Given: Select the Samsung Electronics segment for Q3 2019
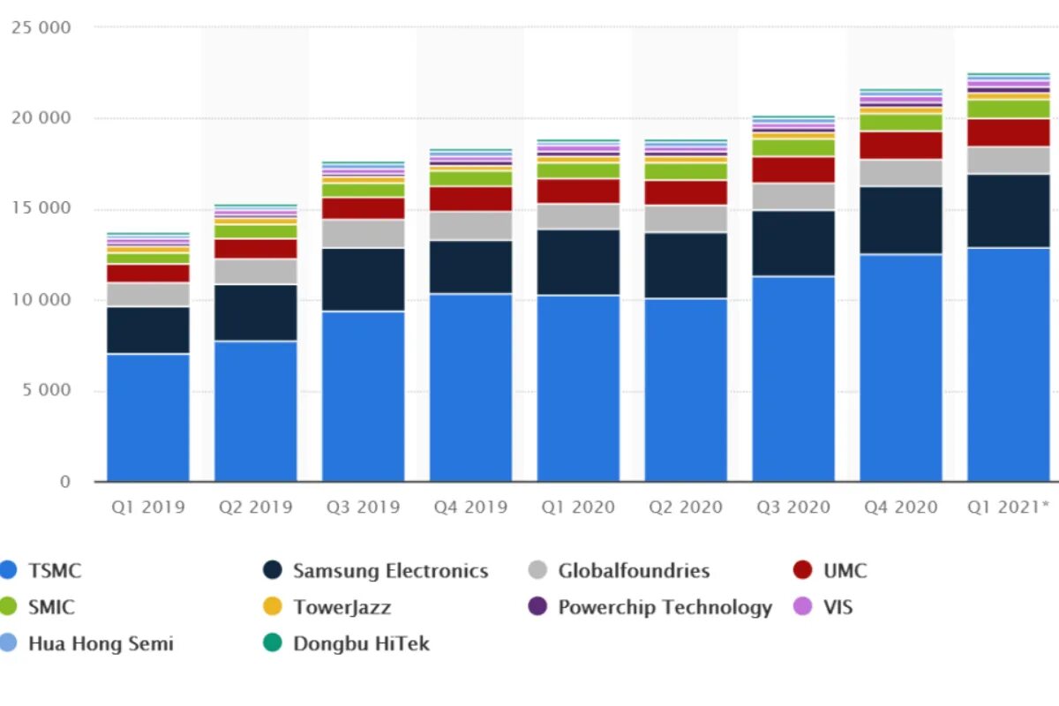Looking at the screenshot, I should pos(363,280).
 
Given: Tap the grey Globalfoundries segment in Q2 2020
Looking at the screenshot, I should pos(686,219).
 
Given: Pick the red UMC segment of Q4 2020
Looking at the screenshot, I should pos(900,146).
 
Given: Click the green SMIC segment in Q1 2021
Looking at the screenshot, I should pos(1008,109).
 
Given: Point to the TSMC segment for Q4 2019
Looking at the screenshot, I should pos(470,387).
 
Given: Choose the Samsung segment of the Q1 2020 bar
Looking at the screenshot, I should pos(578,262).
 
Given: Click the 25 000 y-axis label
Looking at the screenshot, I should pos(41,27).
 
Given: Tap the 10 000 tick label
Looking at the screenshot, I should pos(41,300).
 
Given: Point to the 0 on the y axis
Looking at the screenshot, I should pos(64,482).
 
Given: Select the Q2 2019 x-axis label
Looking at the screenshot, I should pos(255,507).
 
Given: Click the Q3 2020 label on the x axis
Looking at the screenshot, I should pos(792,507).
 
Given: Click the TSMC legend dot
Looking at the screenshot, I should pos(9,571).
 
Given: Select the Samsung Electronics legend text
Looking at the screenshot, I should pos(390,571).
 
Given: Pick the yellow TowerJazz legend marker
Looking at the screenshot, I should pos(274,607).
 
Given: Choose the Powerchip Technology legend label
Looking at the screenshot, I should pos(665,607).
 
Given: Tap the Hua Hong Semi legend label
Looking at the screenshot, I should pos(101,643).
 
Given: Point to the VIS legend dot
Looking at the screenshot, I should pos(803,607).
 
